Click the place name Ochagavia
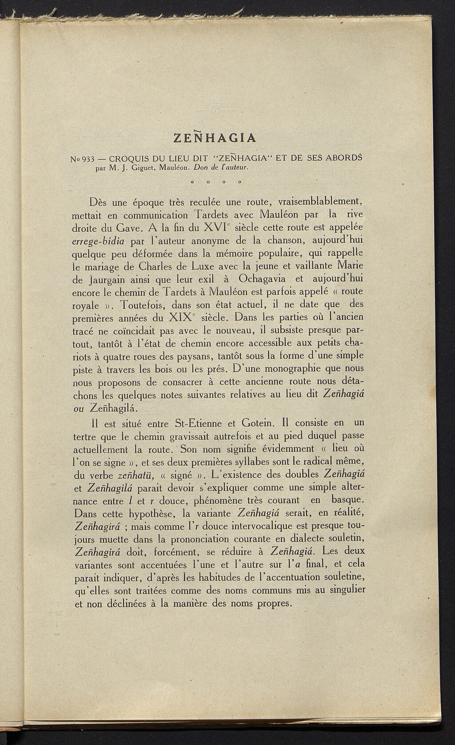pyautogui.click(x=262, y=279)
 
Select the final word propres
pyautogui.click(x=270, y=604)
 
